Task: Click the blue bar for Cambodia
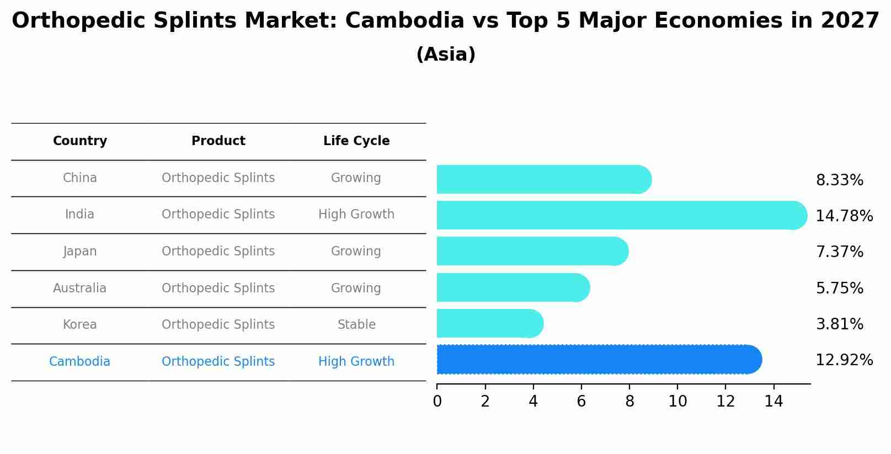599,360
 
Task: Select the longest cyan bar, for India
621,215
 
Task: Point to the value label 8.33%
839,180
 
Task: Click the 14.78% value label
844,216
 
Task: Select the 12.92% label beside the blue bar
844,360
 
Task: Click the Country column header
80,141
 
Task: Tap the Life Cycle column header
356,141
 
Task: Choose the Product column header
218,141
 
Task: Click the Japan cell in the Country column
80,252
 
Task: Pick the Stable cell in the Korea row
356,325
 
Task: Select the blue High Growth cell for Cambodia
356,362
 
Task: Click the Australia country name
80,289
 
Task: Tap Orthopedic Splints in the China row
218,178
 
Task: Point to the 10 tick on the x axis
677,402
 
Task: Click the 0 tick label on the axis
437,402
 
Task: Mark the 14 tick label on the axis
773,402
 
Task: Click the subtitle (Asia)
446,55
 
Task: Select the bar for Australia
513,287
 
